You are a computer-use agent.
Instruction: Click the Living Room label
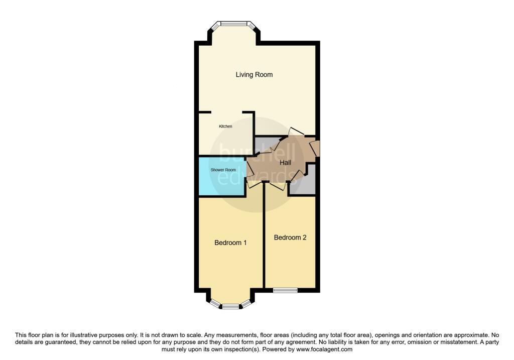[254, 75]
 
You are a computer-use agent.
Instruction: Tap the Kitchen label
[225, 127]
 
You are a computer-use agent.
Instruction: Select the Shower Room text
[223, 170]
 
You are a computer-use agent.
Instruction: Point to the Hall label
[285, 163]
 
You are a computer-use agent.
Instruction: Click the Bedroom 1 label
[230, 243]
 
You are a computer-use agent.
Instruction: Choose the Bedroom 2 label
[290, 237]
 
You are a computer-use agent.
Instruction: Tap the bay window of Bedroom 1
[230, 305]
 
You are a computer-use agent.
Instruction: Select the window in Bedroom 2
[285, 290]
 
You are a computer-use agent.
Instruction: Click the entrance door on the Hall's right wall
[316, 149]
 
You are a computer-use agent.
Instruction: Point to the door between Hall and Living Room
[296, 132]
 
